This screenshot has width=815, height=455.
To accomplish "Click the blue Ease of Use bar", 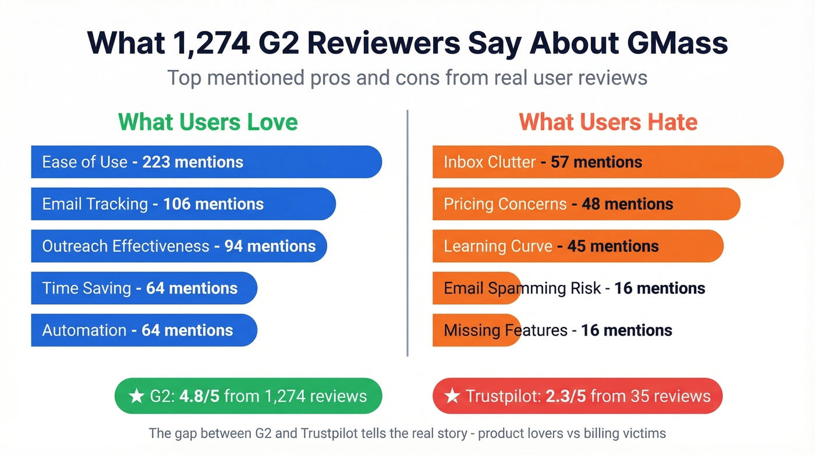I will [206, 162].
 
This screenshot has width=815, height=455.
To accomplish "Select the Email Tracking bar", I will [183, 204].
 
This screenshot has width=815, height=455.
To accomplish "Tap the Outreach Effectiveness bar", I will [179, 246].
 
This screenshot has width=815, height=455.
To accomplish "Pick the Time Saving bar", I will [144, 288].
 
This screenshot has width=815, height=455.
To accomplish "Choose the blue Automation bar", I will [144, 330].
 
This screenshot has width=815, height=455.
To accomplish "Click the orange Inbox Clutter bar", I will [608, 162].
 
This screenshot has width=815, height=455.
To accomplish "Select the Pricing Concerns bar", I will [586, 204].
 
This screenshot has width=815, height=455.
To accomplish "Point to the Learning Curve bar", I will [577, 246].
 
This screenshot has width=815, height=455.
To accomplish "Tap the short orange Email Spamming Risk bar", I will [476, 288].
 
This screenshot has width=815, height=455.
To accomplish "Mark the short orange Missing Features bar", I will [476, 330].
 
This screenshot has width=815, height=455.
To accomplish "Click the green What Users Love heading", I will [208, 122].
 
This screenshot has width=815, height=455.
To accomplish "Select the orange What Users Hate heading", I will [608, 122].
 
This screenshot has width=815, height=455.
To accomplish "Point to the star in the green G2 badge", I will [136, 397].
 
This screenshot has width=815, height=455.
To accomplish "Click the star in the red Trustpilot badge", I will [452, 397].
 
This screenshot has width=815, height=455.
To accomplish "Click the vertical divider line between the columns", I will [408, 233].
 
